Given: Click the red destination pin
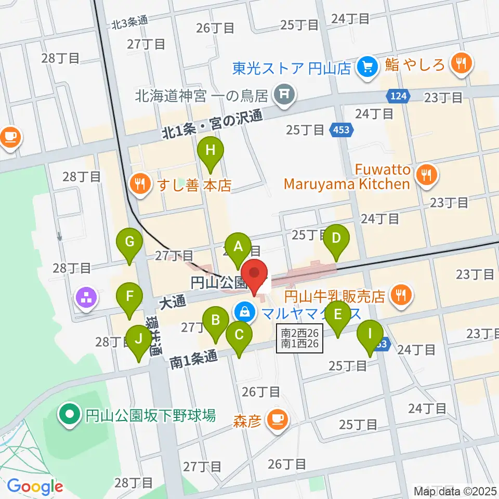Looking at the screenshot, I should tap(254, 275).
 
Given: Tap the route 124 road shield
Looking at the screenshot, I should tap(399, 96).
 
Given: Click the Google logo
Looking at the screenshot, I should tap(35, 487).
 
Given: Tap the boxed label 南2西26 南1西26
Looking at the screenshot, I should tap(300, 338).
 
